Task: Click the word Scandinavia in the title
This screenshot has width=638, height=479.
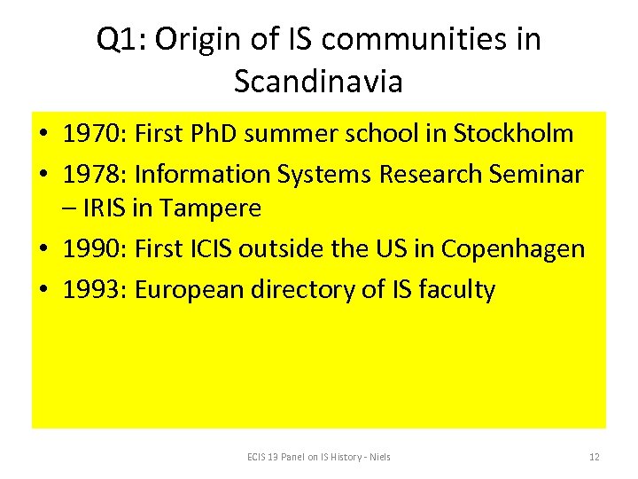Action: click(318, 82)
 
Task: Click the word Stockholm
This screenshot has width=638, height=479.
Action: click(513, 135)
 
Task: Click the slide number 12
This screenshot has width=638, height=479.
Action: click(595, 457)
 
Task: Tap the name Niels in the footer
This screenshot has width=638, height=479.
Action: click(380, 457)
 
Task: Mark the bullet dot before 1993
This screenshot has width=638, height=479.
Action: click(43, 290)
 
